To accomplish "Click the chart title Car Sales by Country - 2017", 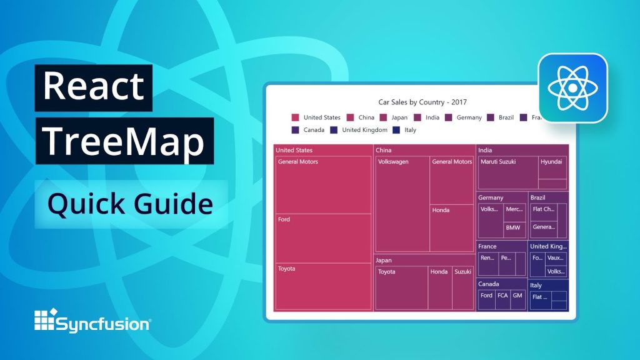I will coord(422,102).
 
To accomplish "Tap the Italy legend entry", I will coord(404,130).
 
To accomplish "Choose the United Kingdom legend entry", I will coord(359,130).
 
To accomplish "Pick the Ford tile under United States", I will coord(324,238).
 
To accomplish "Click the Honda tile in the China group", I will coord(452,227).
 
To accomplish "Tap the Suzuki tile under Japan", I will coord(463,287).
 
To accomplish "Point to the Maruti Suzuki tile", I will coord(507,172).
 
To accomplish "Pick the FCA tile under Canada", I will coord(502,299).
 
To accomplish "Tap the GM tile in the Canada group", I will coord(518,299).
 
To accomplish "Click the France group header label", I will coord(487,246).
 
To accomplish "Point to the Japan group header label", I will coord(384,260).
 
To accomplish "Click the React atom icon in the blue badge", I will coord(572,87).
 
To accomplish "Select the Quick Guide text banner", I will coord(131,204).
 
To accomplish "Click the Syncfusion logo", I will coord(92,322).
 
